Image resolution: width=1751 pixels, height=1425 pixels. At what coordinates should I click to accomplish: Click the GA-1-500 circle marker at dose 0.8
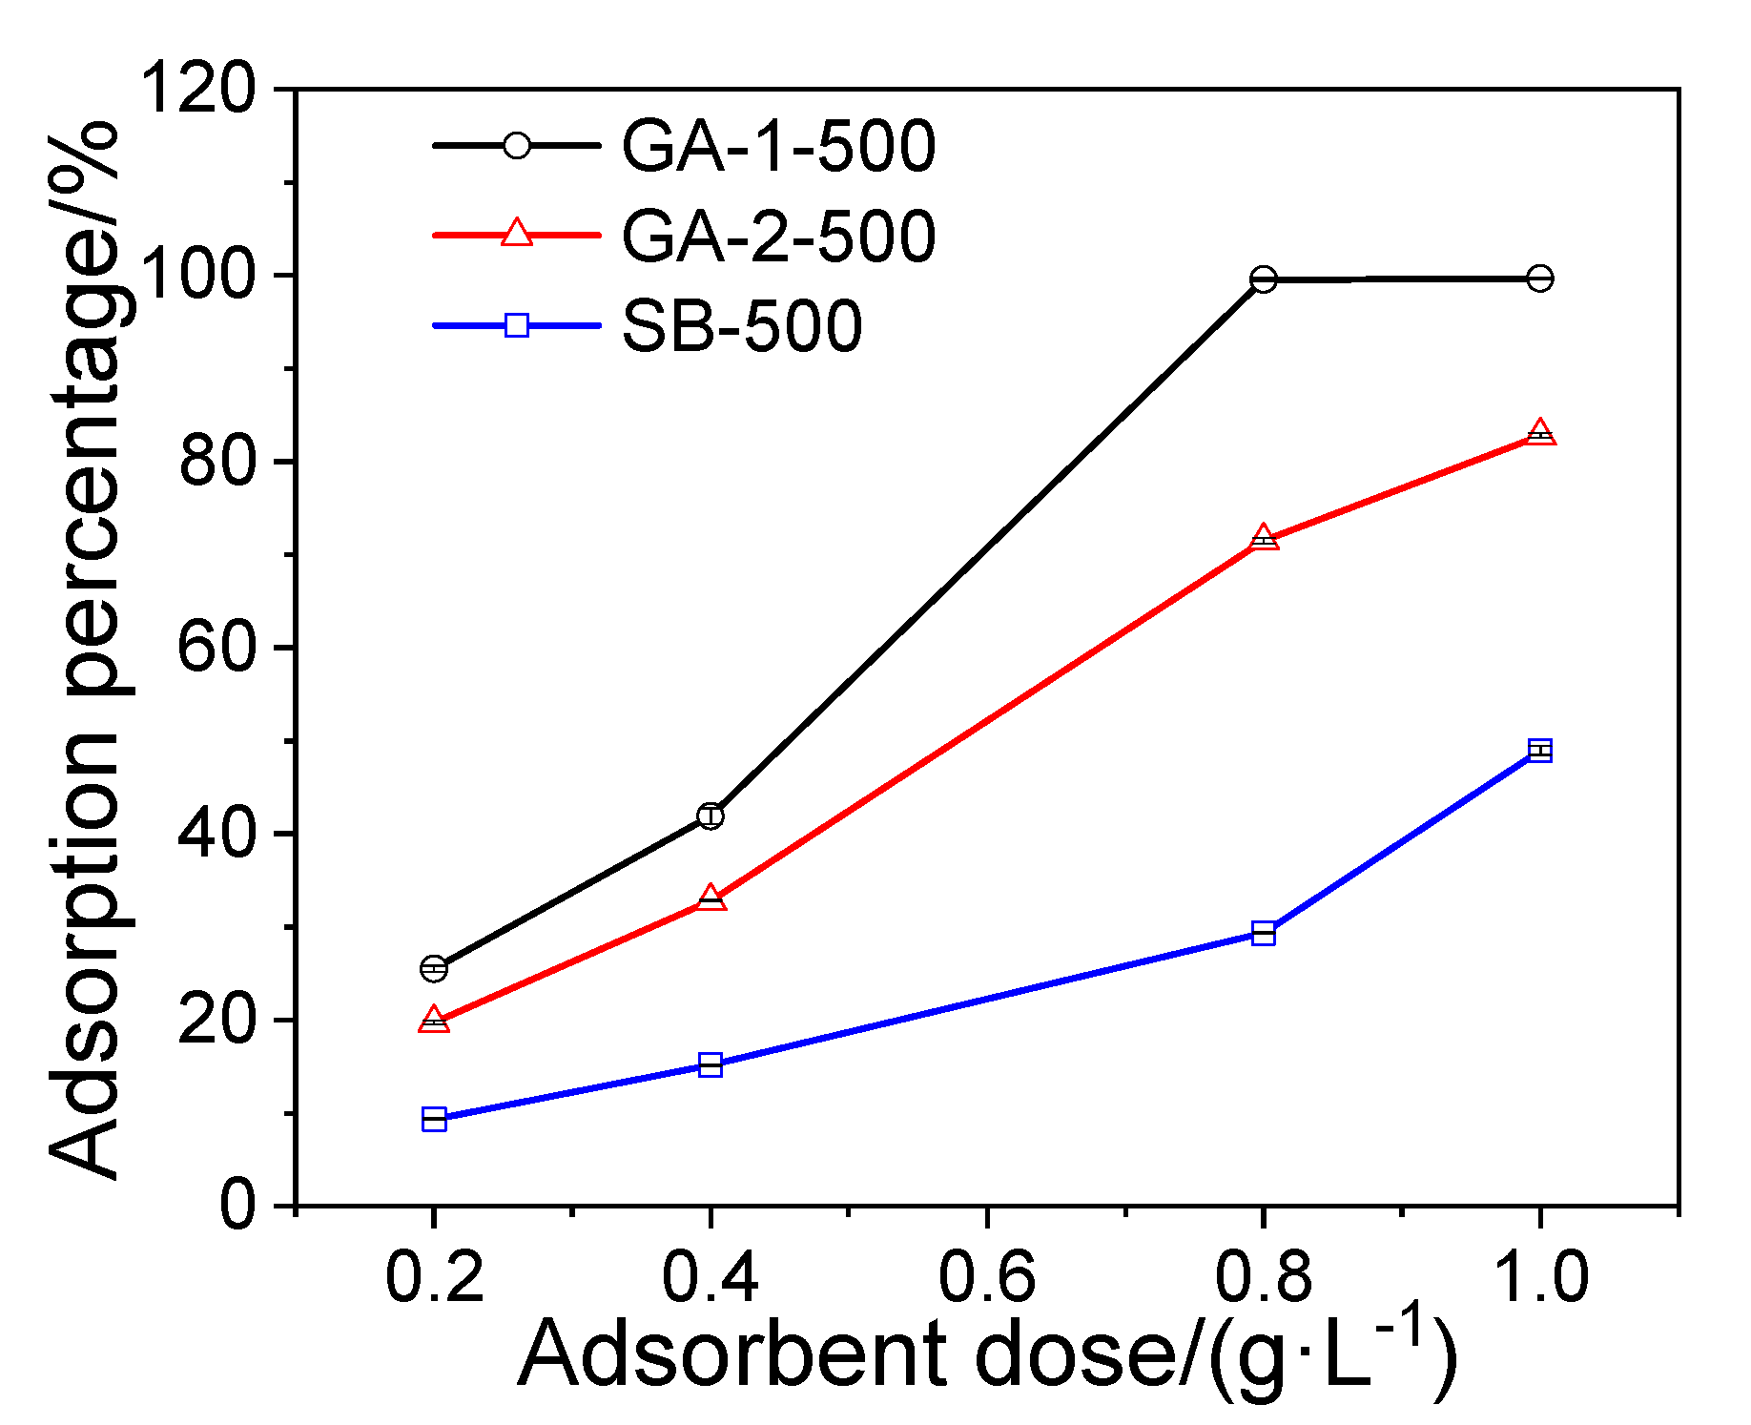(x=1263, y=279)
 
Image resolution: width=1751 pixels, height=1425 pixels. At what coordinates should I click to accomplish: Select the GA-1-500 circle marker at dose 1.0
(x=1539, y=279)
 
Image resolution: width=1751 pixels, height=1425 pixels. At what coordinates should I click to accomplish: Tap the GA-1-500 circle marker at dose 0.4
(x=710, y=816)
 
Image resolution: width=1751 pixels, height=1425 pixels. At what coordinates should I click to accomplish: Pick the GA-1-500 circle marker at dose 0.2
(x=434, y=968)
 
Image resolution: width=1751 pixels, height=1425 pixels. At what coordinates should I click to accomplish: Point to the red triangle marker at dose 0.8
(x=1263, y=539)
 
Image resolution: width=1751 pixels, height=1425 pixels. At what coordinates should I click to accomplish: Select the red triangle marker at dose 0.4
(x=710, y=898)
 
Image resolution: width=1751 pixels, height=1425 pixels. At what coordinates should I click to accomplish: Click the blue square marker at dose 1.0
(x=1539, y=751)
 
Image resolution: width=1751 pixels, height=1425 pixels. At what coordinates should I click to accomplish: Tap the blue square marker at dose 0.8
(x=1263, y=933)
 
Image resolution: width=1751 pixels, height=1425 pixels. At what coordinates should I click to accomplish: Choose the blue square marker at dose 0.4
(x=710, y=1064)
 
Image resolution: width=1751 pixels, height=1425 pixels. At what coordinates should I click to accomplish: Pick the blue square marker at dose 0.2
(x=434, y=1119)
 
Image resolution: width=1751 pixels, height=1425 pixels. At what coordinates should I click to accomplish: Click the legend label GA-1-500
(x=778, y=147)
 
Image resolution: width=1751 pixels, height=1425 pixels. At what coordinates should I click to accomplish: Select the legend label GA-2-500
(x=778, y=237)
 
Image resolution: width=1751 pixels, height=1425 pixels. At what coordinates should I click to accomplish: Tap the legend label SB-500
(x=742, y=326)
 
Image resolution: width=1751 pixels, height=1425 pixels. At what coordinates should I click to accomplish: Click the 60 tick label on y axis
(x=216, y=648)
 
